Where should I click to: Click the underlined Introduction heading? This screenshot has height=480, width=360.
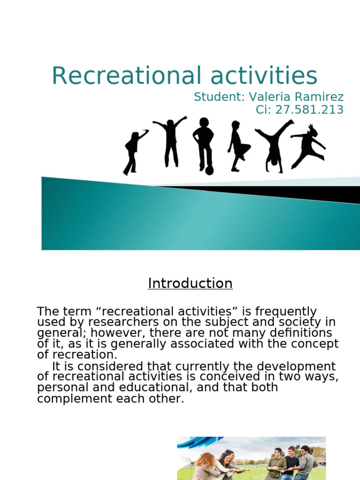tap(190, 284)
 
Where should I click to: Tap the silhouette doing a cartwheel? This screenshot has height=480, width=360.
tap(274, 146)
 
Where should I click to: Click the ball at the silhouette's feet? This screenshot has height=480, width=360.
tap(209, 171)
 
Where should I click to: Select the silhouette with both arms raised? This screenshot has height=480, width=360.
tap(171, 141)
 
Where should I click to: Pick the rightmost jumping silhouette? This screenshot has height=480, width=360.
tap(308, 145)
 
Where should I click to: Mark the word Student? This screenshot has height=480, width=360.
tap(219, 97)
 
